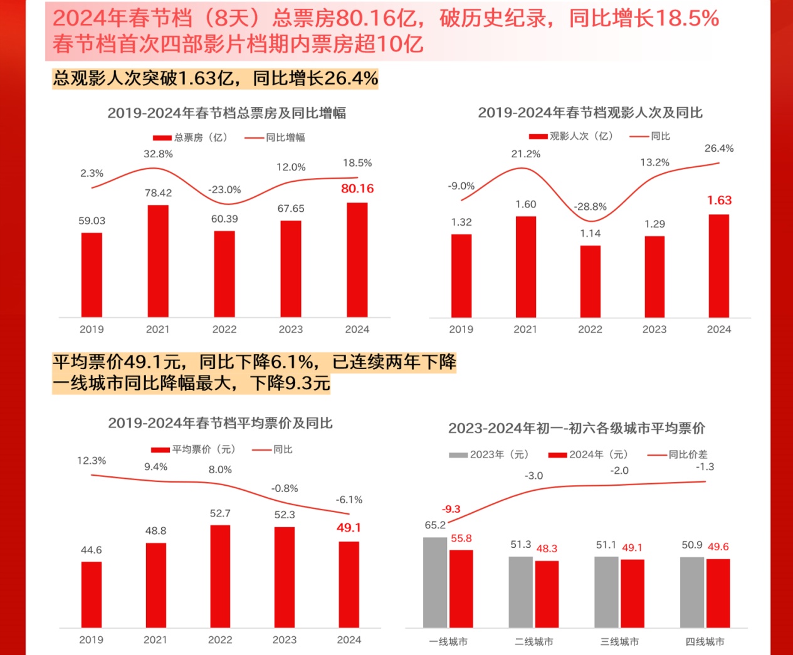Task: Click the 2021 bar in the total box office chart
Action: (x=158, y=261)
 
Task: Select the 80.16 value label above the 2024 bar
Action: (x=357, y=189)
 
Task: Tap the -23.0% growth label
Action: (x=224, y=190)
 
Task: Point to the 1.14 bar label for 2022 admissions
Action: (x=590, y=234)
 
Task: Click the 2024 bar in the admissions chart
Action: (x=718, y=266)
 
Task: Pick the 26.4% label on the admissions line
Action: (x=718, y=149)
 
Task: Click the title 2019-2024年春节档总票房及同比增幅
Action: (x=226, y=113)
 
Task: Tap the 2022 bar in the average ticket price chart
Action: (x=220, y=576)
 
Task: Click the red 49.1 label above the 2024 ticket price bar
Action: (x=349, y=528)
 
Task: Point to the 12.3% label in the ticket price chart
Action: (x=92, y=461)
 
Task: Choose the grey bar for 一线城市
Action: (x=435, y=582)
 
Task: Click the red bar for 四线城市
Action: (x=718, y=593)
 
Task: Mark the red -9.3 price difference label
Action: (x=451, y=509)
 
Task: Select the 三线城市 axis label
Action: (x=619, y=642)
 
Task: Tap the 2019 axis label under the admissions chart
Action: (x=461, y=329)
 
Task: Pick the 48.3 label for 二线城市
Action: (x=547, y=548)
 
